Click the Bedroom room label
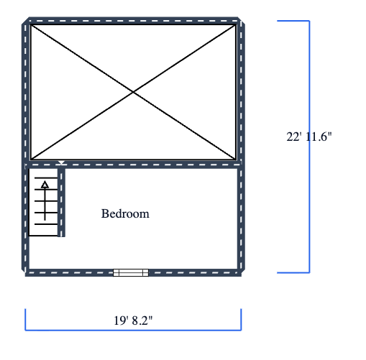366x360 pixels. [x=125, y=213]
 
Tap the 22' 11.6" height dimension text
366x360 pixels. [x=309, y=137]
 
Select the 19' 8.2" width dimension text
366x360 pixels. [x=133, y=320]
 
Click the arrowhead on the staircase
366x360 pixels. [x=45, y=185]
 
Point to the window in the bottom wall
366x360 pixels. [x=131, y=272]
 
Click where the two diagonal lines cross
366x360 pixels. [x=133, y=92]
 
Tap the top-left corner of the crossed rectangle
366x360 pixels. [x=31, y=25]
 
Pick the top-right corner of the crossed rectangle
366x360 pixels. [x=236, y=25]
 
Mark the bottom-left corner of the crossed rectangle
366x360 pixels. [x=31, y=160]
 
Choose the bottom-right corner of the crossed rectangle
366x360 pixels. [x=236, y=160]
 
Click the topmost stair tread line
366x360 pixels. [x=46, y=178]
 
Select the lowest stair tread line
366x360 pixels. [x=43, y=236]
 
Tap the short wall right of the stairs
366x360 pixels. [x=61, y=203]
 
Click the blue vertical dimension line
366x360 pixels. [x=309, y=147]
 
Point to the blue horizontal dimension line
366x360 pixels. [x=133, y=331]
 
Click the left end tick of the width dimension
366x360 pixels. [x=25, y=320]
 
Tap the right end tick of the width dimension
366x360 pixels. [x=241, y=320]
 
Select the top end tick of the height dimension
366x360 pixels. [x=293, y=21]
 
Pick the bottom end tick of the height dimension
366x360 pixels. [x=293, y=272]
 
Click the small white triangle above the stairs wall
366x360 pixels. [x=62, y=162]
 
